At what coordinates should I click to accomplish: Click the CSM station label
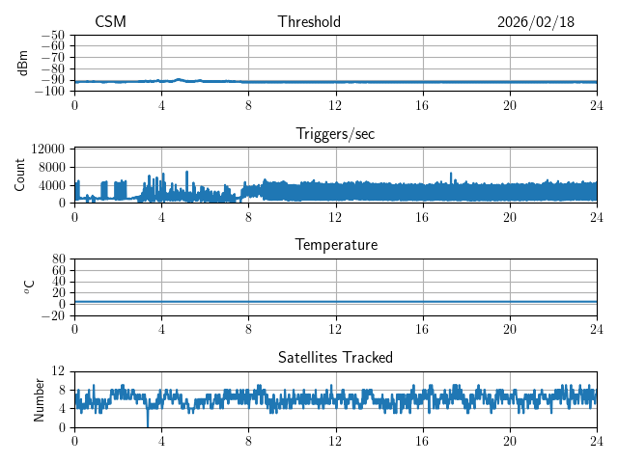[x=110, y=22]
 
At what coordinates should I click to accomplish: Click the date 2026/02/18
[x=536, y=22]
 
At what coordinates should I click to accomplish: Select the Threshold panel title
[x=309, y=22]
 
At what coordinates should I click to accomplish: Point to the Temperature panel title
[x=335, y=245]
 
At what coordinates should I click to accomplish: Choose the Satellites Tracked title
[x=335, y=358]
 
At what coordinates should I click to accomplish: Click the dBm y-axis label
[x=23, y=62]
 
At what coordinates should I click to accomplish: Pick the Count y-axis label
[x=19, y=175]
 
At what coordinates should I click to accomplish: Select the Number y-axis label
[x=40, y=398]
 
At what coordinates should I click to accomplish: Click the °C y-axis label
[x=29, y=286]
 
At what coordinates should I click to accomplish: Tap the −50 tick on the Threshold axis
[x=53, y=35]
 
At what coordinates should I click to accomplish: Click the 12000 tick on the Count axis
[x=47, y=149]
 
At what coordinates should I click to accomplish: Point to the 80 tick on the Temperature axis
[x=58, y=259]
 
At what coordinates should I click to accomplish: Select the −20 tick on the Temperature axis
[x=53, y=315]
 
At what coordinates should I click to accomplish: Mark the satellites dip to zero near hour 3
[x=148, y=424]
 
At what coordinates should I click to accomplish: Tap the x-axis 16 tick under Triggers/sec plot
[x=423, y=217]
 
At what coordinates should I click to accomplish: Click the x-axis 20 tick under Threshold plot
[x=510, y=105]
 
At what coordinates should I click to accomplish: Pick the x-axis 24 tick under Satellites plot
[x=597, y=441]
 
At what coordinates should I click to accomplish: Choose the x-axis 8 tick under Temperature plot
[x=248, y=329]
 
